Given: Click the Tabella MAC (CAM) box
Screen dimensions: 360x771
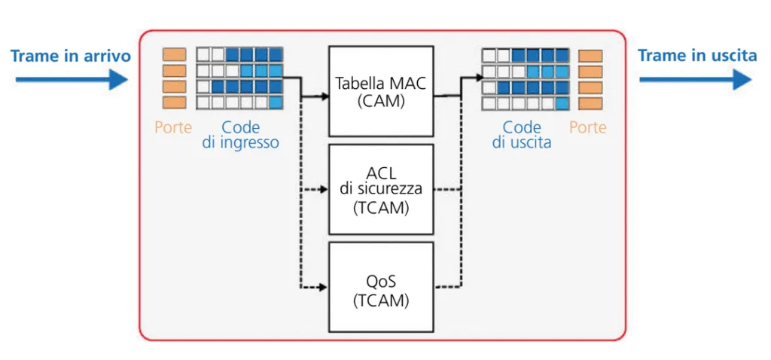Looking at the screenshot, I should click(x=380, y=90).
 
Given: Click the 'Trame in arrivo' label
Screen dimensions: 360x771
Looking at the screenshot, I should click(x=71, y=56).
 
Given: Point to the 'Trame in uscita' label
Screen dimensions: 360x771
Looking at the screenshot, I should click(x=697, y=56).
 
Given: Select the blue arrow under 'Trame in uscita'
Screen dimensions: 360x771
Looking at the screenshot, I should click(x=696, y=78).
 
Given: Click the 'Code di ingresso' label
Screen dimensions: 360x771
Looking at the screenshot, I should click(x=240, y=135).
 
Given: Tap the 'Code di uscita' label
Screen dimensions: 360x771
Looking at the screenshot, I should click(x=522, y=135).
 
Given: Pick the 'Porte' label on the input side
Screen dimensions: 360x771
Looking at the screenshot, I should click(x=173, y=127).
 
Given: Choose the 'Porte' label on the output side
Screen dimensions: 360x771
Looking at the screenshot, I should click(x=588, y=127).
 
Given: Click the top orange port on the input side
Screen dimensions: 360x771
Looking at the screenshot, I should click(x=174, y=54).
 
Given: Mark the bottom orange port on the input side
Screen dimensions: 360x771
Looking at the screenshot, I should click(x=174, y=102).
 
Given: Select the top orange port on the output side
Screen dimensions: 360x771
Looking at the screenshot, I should click(x=590, y=55).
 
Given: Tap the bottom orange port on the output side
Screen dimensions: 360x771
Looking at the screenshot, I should click(x=590, y=103).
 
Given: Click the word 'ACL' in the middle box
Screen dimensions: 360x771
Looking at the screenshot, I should click(x=380, y=172).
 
